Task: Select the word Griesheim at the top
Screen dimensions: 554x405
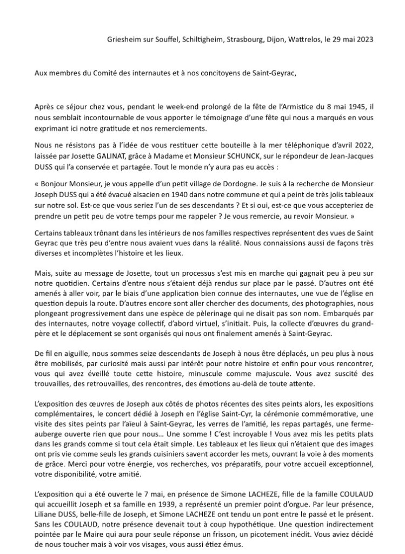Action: tap(125, 40)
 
